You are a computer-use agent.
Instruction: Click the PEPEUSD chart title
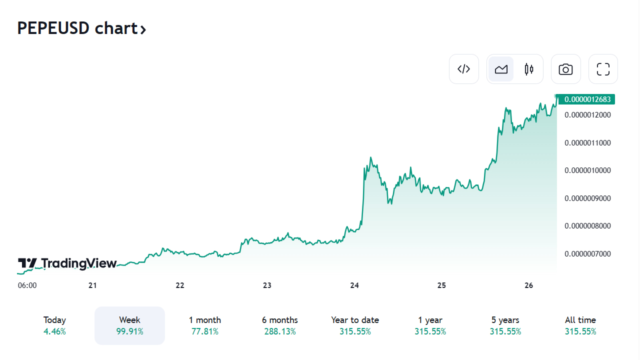point(81,28)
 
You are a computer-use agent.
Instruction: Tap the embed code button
point(464,69)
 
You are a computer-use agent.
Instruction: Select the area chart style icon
point(501,69)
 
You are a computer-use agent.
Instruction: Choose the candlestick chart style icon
point(529,69)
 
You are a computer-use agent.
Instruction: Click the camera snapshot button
point(565,69)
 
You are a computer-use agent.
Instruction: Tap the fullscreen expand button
point(603,69)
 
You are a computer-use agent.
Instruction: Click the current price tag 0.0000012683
point(587,99)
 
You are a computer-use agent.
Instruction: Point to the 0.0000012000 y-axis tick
point(587,115)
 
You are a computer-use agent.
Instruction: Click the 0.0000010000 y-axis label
point(587,170)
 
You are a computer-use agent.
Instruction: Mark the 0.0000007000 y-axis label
point(587,254)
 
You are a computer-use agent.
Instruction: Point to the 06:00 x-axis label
point(27,285)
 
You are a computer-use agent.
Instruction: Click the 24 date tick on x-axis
point(354,285)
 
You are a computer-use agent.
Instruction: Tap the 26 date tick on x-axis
point(529,285)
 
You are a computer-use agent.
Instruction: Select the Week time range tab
point(129,325)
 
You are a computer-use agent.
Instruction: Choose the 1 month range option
point(205,325)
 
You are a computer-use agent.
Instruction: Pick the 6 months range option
point(280,325)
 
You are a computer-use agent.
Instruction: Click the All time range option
point(580,325)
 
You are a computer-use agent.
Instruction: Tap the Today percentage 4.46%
point(54,331)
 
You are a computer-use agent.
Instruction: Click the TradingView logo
point(67,263)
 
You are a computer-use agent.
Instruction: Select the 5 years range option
point(505,325)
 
